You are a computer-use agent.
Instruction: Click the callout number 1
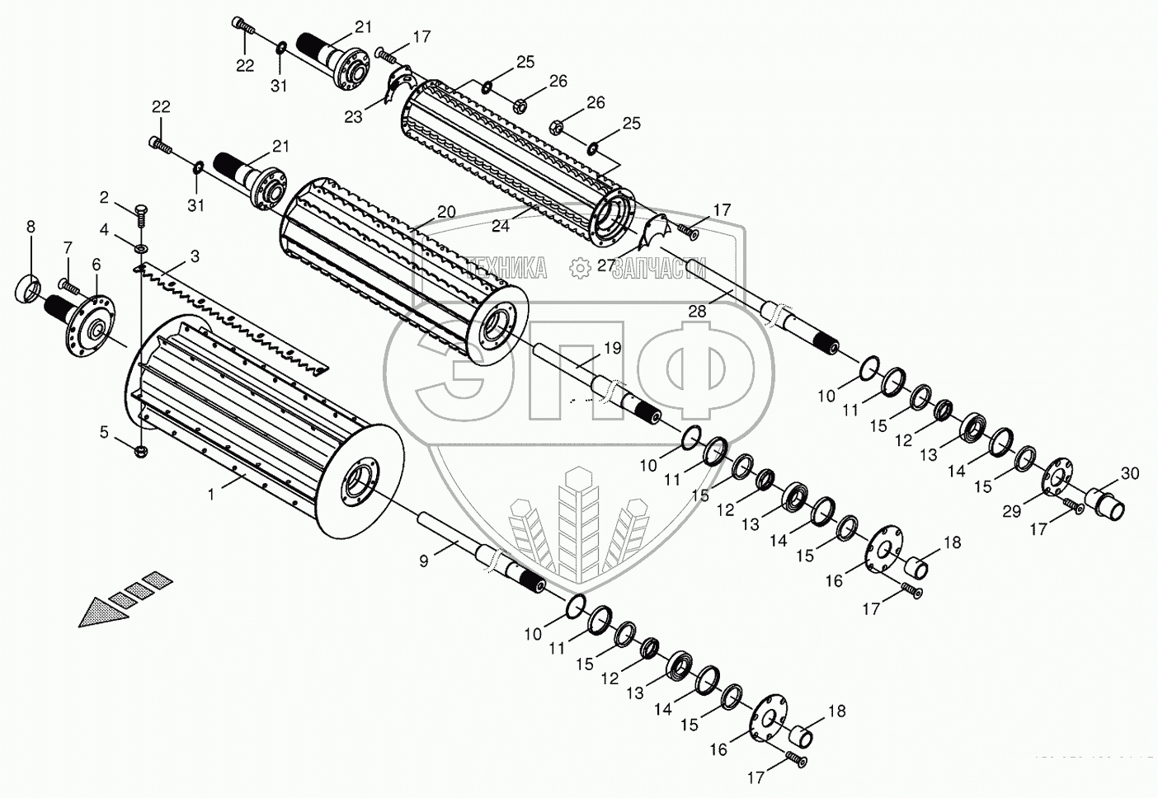[x=211, y=495]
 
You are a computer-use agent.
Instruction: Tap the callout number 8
[x=31, y=225]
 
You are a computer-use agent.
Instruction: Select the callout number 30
[x=1129, y=473]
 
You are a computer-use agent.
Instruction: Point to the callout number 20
[x=445, y=212]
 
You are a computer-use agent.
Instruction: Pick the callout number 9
[x=423, y=561]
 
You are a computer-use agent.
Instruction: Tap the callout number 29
[x=1011, y=511]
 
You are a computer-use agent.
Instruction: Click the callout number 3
[x=194, y=256]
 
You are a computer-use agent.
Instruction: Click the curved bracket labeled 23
[x=398, y=86]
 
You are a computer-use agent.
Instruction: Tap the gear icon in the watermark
[x=580, y=267]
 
